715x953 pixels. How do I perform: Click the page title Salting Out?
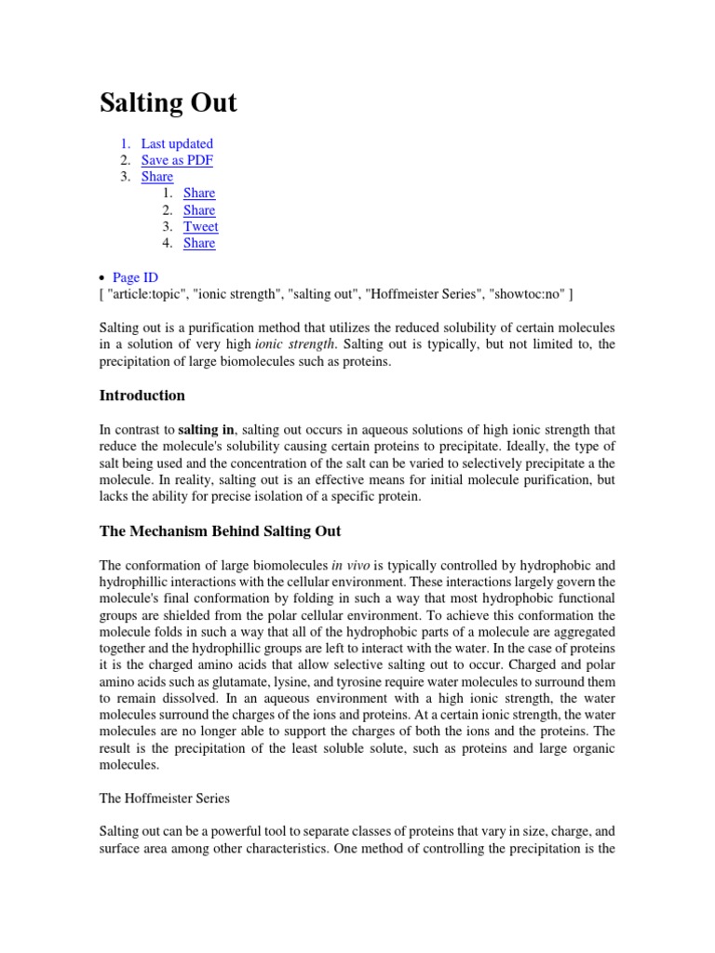pyautogui.click(x=168, y=102)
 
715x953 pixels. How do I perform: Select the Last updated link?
pyautogui.click(x=177, y=143)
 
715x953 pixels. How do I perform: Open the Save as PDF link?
pyautogui.click(x=177, y=160)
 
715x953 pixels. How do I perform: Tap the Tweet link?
pyautogui.click(x=201, y=226)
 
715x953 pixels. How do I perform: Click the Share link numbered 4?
pyautogui.click(x=199, y=243)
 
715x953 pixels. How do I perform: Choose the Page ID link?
pyautogui.click(x=135, y=277)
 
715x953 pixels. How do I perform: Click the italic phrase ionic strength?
pyautogui.click(x=295, y=345)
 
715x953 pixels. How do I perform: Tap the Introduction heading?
pyautogui.click(x=142, y=396)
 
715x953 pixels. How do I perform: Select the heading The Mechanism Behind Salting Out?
pyautogui.click(x=220, y=531)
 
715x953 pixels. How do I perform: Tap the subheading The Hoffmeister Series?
pyautogui.click(x=164, y=798)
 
